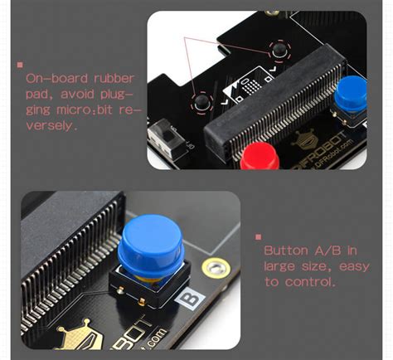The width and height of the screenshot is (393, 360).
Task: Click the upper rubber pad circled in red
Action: (x=280, y=51)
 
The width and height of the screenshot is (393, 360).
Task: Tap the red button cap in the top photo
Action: (x=260, y=154)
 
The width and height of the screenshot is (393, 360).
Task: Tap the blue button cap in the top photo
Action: (x=351, y=90)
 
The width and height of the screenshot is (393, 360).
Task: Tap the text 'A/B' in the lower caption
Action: (x=327, y=250)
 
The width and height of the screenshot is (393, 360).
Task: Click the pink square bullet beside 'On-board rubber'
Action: (x=19, y=65)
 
